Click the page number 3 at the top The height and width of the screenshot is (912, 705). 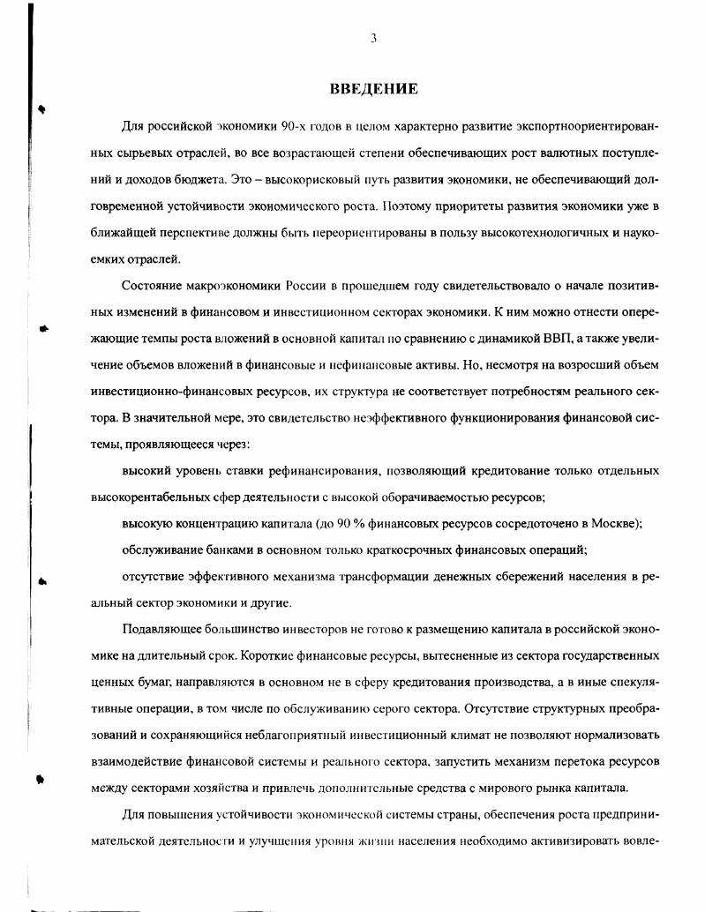374,38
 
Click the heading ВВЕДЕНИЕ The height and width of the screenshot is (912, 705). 373,88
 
